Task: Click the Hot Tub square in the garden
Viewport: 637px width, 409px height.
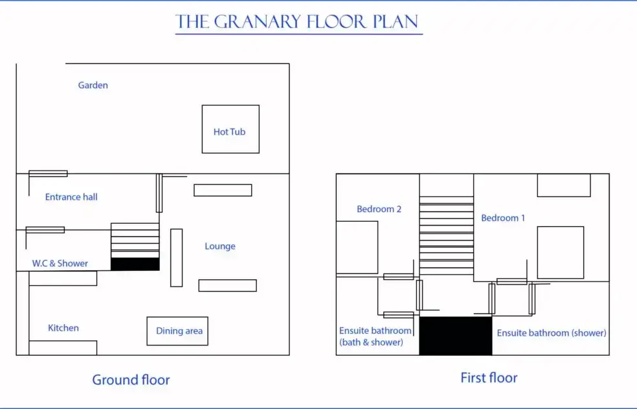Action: click(x=230, y=130)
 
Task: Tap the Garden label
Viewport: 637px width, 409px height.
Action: click(x=93, y=85)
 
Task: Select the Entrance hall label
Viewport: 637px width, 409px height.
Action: click(x=71, y=197)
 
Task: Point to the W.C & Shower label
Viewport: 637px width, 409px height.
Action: click(x=60, y=263)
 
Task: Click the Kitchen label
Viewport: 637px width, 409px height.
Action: click(x=63, y=328)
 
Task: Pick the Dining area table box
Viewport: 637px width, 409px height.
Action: click(x=178, y=331)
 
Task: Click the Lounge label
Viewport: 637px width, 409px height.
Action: click(x=220, y=246)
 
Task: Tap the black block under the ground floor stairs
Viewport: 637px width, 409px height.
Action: click(x=135, y=264)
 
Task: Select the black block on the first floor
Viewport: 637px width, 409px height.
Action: click(x=456, y=336)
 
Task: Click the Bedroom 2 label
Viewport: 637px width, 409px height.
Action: click(x=379, y=209)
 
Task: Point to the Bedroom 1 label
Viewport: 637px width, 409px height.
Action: click(x=503, y=218)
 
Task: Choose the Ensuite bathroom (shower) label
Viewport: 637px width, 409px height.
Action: click(x=552, y=333)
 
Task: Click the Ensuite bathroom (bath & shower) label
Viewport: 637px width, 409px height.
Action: click(x=375, y=336)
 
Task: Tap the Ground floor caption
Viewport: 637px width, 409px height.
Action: click(x=131, y=380)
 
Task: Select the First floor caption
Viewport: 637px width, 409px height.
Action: click(x=489, y=378)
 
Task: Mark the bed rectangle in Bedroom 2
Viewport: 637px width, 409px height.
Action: click(x=357, y=248)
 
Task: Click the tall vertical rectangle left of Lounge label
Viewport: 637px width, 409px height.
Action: click(x=176, y=257)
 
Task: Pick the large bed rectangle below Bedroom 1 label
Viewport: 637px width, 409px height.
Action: click(x=560, y=252)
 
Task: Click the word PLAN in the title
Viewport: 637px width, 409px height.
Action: click(x=396, y=22)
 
